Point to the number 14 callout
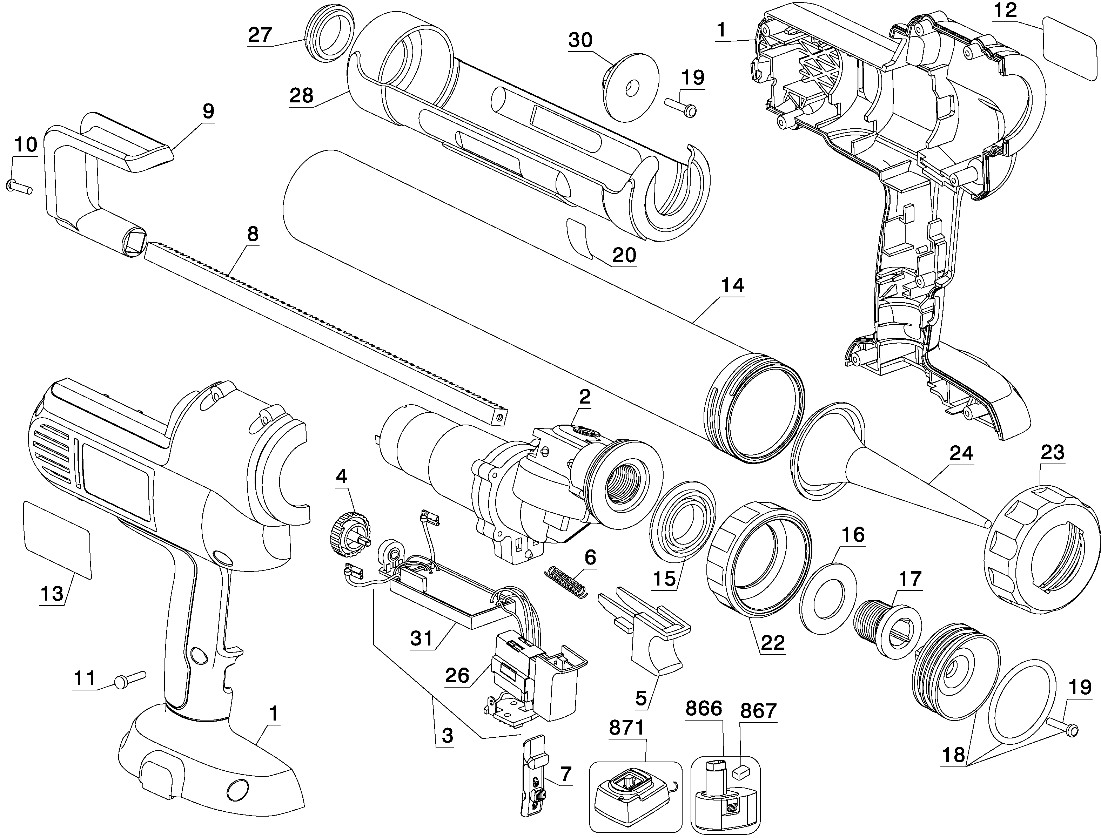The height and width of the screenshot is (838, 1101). [732, 285]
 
